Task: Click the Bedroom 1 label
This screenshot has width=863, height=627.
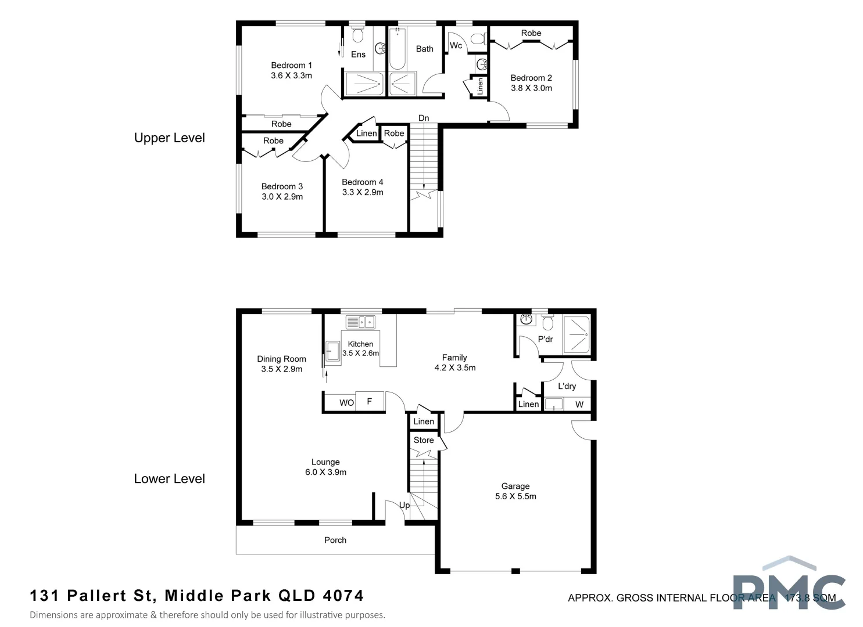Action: coord(291,65)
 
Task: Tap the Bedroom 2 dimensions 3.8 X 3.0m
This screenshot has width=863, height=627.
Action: coord(531,88)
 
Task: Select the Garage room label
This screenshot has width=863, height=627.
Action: coord(515,486)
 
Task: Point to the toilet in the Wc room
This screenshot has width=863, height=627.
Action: coord(477,39)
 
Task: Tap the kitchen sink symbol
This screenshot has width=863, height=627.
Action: coord(360,322)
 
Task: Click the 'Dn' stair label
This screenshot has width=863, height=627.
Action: coord(424,118)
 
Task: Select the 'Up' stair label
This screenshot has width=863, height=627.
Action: coord(404,505)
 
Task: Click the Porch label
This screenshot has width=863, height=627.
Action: coord(335,540)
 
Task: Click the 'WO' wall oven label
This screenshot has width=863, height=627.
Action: coord(346,402)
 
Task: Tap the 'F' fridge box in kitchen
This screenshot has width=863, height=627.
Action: coord(370,401)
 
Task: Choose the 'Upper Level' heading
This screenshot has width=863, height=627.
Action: coord(169,138)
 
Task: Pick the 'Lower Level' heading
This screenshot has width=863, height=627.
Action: coord(169,478)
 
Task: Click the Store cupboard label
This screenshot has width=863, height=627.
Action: coord(424,440)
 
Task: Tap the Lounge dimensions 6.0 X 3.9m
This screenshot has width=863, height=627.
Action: coord(325,472)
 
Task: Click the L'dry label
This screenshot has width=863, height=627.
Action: coord(567,386)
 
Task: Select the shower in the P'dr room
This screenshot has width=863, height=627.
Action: coord(576,334)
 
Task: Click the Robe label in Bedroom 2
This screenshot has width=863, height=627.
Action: coord(531,33)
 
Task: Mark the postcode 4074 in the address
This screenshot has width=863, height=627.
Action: coord(345,596)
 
